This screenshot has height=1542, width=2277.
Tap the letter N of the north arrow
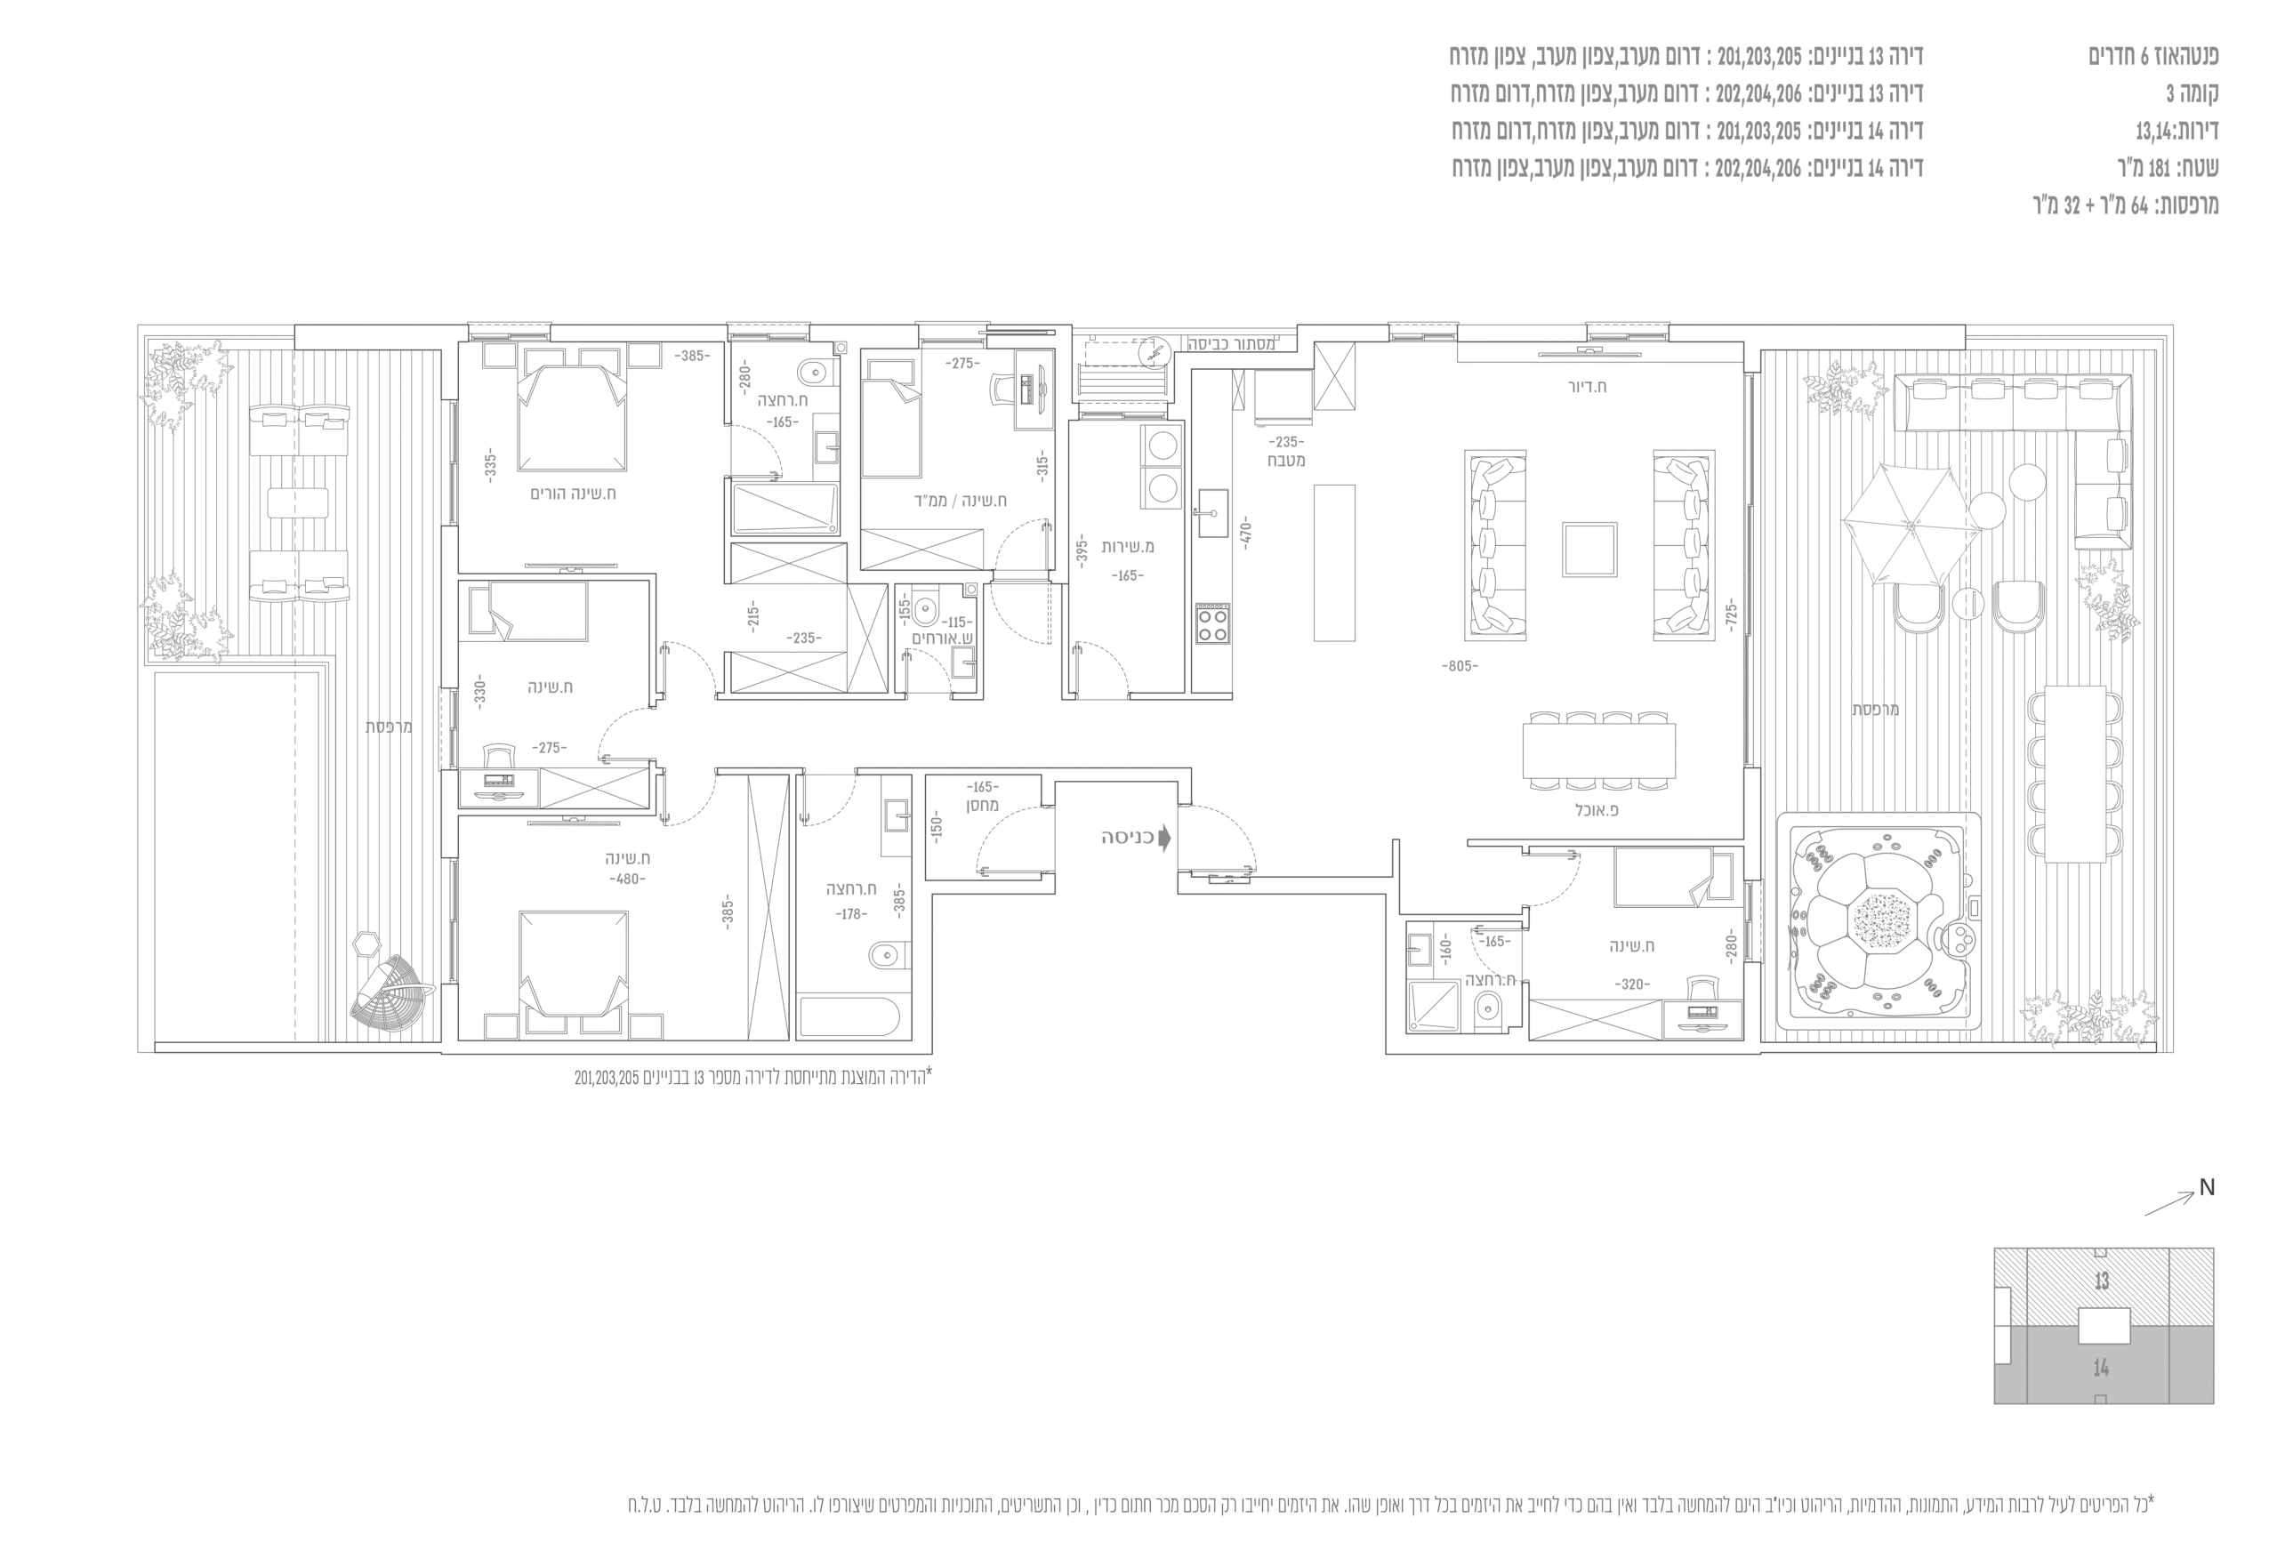point(2207,1187)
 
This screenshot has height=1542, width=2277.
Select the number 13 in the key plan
point(2101,1281)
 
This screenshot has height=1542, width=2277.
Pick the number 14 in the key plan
point(2101,1368)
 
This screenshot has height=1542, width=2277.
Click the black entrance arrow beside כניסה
point(1164,839)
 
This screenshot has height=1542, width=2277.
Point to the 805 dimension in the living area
point(1460,666)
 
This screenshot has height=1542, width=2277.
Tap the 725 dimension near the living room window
point(1730,614)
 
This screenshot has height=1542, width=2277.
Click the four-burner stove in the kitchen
point(1212,624)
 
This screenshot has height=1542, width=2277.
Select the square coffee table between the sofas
point(1589,549)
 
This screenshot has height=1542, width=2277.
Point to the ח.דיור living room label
point(1588,386)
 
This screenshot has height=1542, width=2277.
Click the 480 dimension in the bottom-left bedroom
point(627,879)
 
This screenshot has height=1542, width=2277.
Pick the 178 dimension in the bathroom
point(850,914)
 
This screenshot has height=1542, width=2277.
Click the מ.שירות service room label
point(1128,547)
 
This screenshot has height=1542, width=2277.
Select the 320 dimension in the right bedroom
point(1631,984)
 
